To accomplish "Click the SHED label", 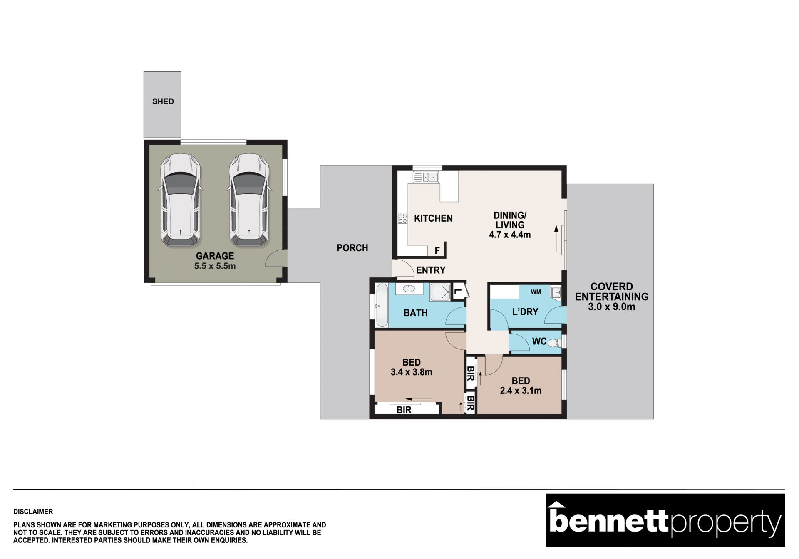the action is click(x=163, y=101).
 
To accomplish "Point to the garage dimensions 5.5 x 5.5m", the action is click(x=215, y=266).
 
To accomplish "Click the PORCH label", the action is click(x=352, y=248).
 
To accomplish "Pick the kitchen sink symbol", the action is click(x=426, y=177).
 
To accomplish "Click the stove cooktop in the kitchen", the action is click(x=402, y=218).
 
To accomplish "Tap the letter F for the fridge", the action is click(x=437, y=251).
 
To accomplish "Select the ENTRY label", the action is click(x=431, y=270).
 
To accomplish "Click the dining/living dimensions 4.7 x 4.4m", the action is click(x=510, y=235).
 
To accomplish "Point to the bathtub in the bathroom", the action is click(x=382, y=305).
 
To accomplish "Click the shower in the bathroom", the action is click(x=440, y=292).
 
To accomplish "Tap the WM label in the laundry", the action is click(x=536, y=292).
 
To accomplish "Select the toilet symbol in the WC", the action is click(x=554, y=343).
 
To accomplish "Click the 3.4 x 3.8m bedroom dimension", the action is click(x=411, y=372).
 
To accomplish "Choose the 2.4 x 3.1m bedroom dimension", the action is click(x=521, y=391).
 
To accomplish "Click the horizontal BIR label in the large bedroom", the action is click(x=404, y=410).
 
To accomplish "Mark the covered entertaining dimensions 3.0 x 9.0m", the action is click(x=611, y=307).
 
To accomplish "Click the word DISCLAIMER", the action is click(x=33, y=512).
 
